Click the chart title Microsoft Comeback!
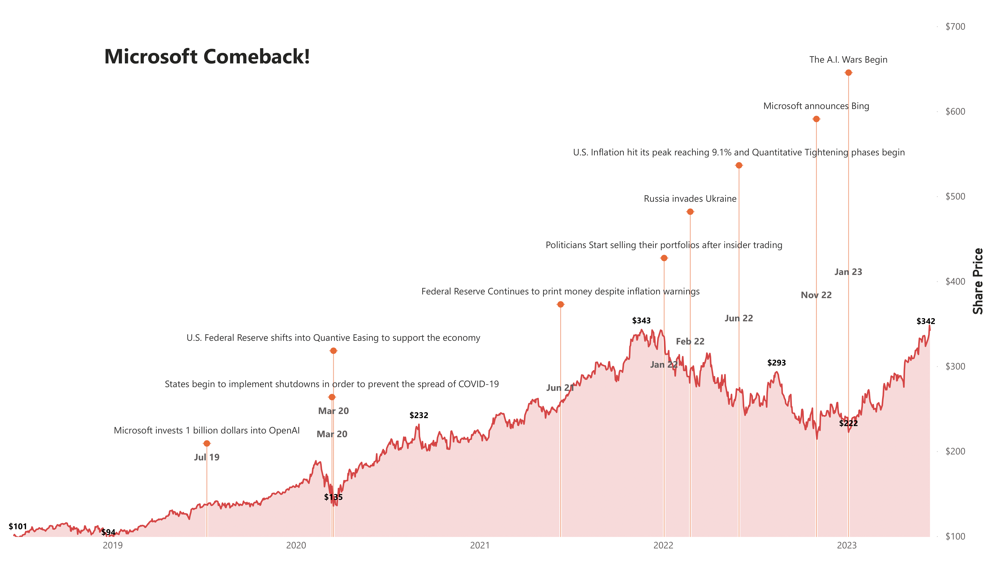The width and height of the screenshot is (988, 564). [x=207, y=57]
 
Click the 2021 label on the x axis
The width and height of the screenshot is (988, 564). [x=480, y=545]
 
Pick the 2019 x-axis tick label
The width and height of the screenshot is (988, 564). [x=113, y=545]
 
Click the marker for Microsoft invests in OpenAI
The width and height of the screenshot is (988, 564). [x=207, y=443]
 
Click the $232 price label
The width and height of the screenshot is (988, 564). [x=419, y=415]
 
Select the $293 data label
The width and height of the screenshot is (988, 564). [x=776, y=363]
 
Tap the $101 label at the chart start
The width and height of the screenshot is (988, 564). [x=18, y=526]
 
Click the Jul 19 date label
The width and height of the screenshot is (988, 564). [x=207, y=457]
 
